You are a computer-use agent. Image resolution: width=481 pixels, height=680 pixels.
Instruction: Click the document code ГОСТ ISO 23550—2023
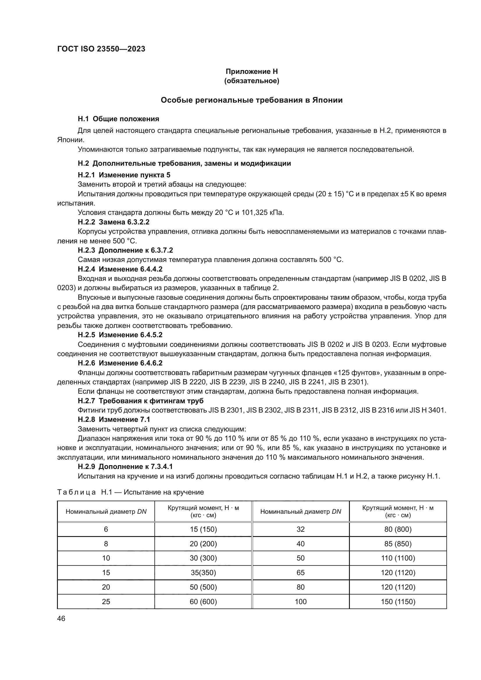[x=101, y=49]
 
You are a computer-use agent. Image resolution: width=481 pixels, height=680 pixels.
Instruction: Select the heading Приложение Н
[x=252, y=72]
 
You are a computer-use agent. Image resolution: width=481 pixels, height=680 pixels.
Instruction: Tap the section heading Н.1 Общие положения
[x=118, y=119]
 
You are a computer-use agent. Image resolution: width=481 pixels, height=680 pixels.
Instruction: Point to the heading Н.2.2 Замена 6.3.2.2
[x=113, y=222]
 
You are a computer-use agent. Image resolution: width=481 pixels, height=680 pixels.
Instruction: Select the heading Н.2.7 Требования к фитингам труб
[x=140, y=401]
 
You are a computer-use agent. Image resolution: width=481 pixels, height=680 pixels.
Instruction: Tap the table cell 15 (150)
[x=203, y=529]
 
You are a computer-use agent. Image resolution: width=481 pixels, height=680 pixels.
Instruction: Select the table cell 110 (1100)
[x=398, y=558]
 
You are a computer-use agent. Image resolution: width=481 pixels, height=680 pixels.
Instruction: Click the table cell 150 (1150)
[x=398, y=602]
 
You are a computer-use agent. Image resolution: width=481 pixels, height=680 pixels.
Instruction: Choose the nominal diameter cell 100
[x=300, y=602]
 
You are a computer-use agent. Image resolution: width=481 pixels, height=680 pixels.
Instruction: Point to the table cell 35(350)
[x=203, y=572]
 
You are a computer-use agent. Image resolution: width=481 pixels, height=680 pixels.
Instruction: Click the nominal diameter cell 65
[x=300, y=572]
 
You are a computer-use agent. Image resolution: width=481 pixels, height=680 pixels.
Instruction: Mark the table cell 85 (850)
[x=398, y=544]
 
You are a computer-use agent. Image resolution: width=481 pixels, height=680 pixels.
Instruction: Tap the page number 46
[x=61, y=619]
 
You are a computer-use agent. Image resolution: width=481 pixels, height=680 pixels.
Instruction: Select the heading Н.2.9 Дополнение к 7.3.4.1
[x=125, y=466]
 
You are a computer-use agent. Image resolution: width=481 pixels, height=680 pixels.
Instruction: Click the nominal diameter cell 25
[x=106, y=602]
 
